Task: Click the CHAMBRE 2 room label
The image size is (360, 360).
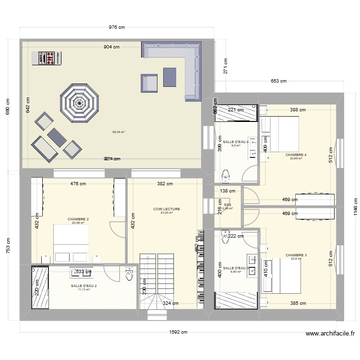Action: click(78, 218)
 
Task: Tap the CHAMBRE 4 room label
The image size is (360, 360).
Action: click(296, 155)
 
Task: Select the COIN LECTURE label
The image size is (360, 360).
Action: click(167, 209)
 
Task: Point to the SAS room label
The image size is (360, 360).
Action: click(228, 204)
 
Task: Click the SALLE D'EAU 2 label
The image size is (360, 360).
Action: click(84, 286)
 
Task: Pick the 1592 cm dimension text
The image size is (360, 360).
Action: click(178, 332)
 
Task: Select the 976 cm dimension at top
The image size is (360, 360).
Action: click(117, 27)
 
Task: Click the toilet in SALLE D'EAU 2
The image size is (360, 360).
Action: click(129, 274)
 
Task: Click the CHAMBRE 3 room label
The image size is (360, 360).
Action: click(296, 255)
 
